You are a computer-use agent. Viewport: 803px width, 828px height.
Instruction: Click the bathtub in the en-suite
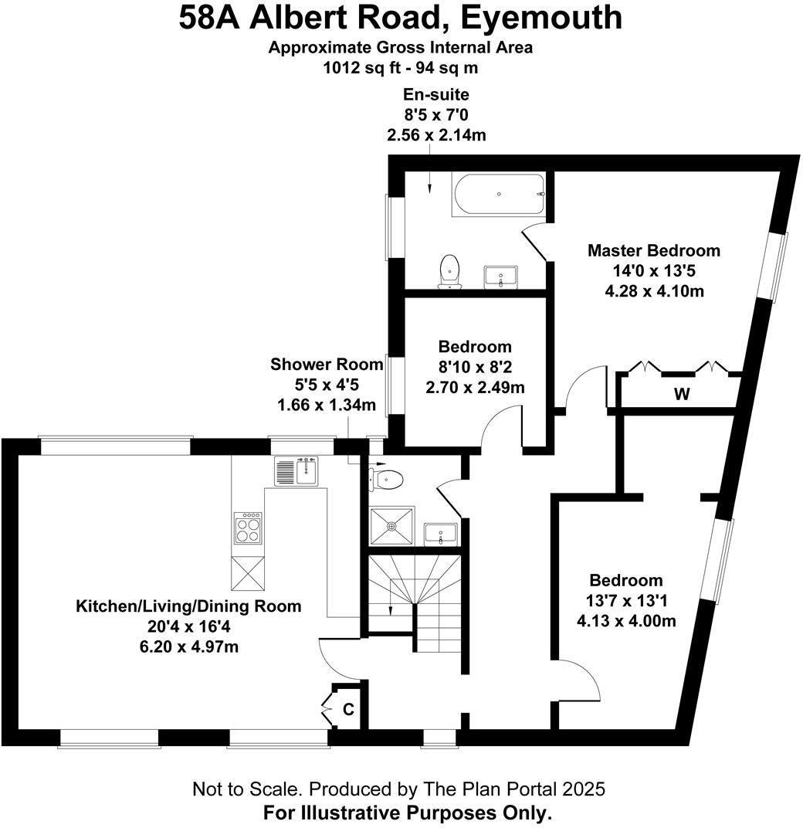pos(499,194)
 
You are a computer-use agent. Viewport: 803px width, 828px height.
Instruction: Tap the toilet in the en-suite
pos(449,272)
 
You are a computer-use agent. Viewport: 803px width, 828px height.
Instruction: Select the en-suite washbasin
pos(502,277)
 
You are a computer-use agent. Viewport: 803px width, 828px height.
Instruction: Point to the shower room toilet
pos(386,480)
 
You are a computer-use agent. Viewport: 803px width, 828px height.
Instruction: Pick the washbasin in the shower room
pos(441,533)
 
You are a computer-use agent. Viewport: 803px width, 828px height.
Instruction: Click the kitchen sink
pos(296,470)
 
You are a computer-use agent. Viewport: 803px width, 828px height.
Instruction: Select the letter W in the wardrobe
pos(682,395)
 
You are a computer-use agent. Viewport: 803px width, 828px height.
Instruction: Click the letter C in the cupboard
pos(348,709)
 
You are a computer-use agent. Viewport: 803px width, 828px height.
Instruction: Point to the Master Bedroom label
pos(653,251)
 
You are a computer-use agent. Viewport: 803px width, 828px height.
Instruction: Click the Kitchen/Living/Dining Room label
pos(188,606)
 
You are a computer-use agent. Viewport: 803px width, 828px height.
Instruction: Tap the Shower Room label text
pos(327,365)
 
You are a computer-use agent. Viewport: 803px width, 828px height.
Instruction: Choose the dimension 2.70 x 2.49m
pos(475,387)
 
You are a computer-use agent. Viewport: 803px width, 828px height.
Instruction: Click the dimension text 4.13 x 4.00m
pos(626,621)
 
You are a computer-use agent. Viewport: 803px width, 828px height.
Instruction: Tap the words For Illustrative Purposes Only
pos(408,813)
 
